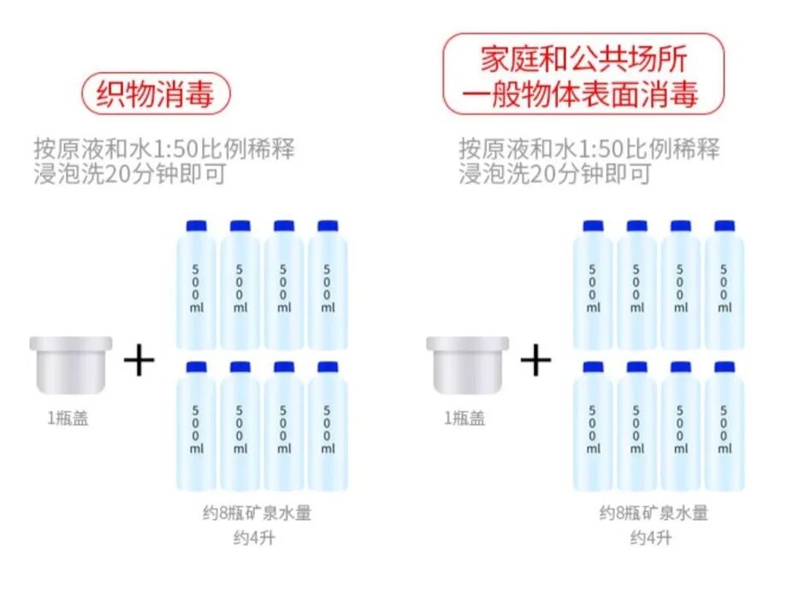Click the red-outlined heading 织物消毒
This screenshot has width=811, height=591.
pos(156,93)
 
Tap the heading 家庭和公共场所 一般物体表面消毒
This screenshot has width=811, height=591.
pos(583,75)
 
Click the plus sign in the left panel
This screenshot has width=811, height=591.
pos(139,361)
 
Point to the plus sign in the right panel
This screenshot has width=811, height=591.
pos(536,361)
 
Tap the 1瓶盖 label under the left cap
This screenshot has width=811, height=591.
pos(68,420)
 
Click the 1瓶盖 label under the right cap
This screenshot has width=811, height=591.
pos(464,418)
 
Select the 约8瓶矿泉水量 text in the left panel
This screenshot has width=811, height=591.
pos(257,514)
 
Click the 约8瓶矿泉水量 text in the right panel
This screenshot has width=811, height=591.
pos(653,514)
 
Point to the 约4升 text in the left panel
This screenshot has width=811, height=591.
pos(257,538)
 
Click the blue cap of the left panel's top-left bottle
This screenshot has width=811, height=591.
pos(197,226)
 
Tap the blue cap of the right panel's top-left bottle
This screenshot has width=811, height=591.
pos(594,226)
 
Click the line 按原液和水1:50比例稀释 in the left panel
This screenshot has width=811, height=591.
pos(164,147)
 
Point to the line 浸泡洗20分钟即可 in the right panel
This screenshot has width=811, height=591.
pos(554,174)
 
